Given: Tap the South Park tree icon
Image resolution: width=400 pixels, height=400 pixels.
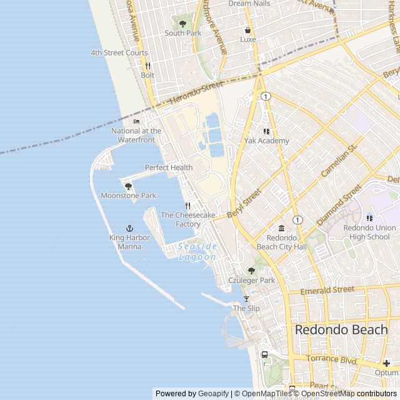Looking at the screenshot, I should click(183, 24).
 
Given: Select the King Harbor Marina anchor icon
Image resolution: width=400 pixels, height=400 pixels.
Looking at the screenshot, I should click(130, 229).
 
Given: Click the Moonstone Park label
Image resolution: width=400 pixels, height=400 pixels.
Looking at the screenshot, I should click(129, 196).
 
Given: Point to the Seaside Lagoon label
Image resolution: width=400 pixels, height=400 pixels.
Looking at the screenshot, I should click(197, 252).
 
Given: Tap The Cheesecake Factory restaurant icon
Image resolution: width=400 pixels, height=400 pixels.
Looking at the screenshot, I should click(187, 206).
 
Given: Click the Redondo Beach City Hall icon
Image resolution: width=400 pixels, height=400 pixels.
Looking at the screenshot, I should click(281, 228).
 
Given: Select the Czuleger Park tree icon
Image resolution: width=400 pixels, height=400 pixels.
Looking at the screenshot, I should click(251, 271).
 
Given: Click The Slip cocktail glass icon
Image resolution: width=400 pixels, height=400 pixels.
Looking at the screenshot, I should click(246, 299).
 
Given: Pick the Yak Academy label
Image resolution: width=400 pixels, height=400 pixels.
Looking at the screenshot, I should click(267, 141).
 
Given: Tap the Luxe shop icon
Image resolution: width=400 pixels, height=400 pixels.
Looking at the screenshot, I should click(248, 29).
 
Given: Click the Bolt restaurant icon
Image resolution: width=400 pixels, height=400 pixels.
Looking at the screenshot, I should click(147, 66).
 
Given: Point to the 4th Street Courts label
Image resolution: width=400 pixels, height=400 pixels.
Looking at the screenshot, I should click(119, 53).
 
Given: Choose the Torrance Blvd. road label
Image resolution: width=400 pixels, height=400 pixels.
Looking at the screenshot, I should click(332, 359).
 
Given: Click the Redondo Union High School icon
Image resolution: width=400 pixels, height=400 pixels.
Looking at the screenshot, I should click(370, 218).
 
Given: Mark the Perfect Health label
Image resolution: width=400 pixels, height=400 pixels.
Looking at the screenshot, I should click(169, 167).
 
